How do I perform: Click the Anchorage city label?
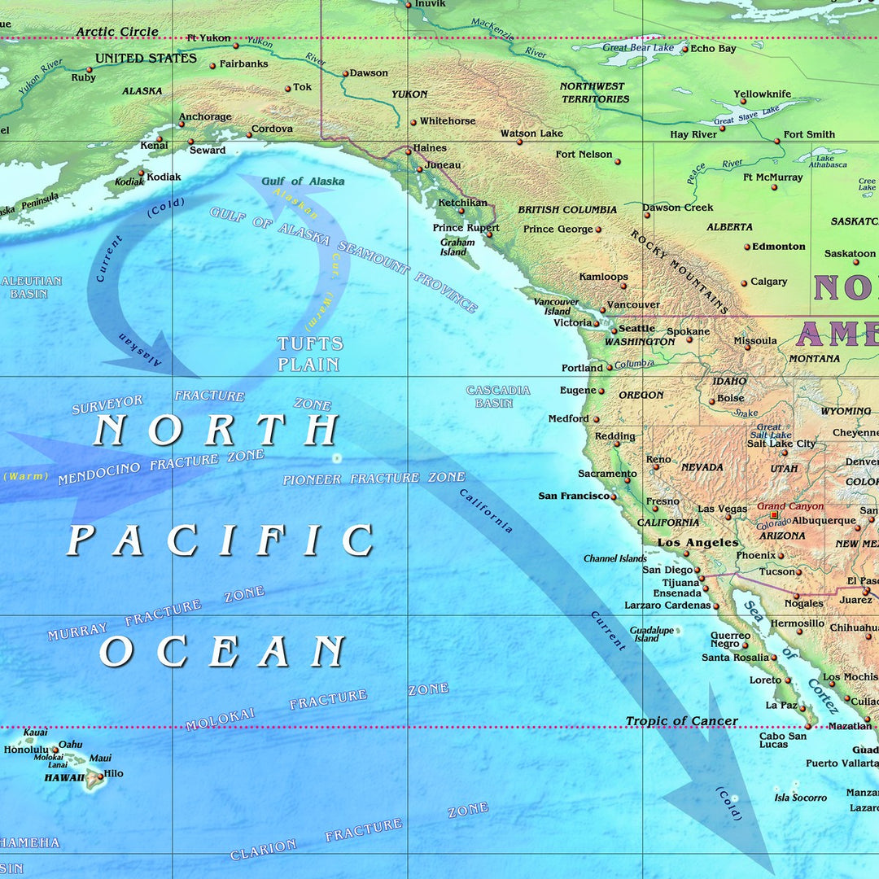(205, 117)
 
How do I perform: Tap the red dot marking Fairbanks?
(212, 65)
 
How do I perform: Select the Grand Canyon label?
(790, 506)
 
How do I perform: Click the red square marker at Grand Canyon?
(774, 515)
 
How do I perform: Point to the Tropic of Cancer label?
(681, 721)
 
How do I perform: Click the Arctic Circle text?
(117, 32)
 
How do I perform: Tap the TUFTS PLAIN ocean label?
(308, 354)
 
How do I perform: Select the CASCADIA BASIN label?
(498, 396)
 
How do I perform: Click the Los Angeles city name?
(698, 543)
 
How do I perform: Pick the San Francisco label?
(574, 496)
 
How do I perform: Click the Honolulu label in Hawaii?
(26, 750)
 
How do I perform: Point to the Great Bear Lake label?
(638, 48)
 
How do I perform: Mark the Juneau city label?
(443, 165)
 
